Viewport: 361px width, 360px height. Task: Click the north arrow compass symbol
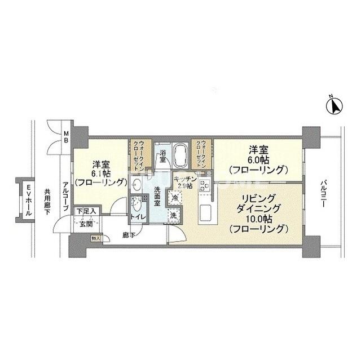point(334,105)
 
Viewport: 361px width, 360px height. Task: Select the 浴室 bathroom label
point(162,156)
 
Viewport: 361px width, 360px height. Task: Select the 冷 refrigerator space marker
point(175,198)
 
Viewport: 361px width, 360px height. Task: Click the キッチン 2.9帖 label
point(185,182)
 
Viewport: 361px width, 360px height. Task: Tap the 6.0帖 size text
point(256,159)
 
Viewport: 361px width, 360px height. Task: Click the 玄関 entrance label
point(85,224)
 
